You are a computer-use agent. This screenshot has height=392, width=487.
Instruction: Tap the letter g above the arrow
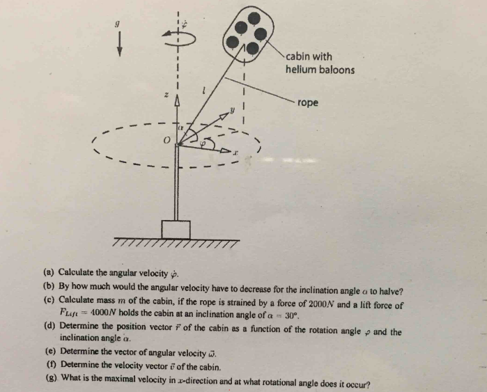point(117,24)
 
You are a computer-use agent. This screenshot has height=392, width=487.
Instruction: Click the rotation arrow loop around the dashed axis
point(179,38)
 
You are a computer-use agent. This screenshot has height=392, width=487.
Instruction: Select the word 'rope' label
point(308,102)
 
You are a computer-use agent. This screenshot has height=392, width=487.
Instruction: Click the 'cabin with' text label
point(309,56)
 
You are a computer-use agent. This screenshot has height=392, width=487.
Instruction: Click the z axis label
point(167,95)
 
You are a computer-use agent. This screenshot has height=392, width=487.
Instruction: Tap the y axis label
point(232,110)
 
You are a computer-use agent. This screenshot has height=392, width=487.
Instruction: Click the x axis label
point(235,152)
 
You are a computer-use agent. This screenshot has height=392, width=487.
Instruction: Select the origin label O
point(167,140)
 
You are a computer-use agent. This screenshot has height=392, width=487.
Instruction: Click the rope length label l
point(203,91)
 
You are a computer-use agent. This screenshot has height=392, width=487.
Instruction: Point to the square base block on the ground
point(176,229)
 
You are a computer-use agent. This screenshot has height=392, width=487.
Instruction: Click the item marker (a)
point(49,272)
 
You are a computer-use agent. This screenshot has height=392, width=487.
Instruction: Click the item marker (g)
point(52,377)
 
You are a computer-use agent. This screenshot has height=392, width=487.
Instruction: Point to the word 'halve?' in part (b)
point(392,292)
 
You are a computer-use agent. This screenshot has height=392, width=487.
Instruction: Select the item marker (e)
point(51,351)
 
